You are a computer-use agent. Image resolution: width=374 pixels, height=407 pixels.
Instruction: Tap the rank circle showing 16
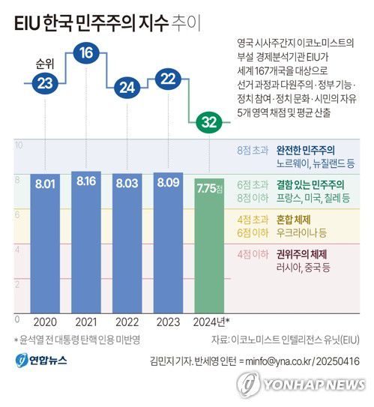[x=86, y=53]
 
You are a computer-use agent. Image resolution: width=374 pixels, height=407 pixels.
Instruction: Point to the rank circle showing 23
[x=45, y=82]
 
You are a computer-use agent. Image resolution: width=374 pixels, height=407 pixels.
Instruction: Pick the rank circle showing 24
[x=127, y=87]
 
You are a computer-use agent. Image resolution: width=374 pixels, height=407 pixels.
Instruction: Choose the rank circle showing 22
[x=169, y=79]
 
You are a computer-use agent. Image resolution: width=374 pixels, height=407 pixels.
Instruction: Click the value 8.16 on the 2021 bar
[x=86, y=181]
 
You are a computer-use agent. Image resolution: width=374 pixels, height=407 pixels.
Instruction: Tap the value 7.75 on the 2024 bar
[x=208, y=187]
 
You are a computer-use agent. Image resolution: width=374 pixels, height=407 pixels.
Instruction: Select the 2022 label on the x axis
[x=127, y=322]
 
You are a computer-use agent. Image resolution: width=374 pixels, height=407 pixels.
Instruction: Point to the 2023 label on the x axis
[x=169, y=322]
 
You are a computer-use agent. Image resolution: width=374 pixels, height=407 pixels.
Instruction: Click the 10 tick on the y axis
[x=18, y=145]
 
